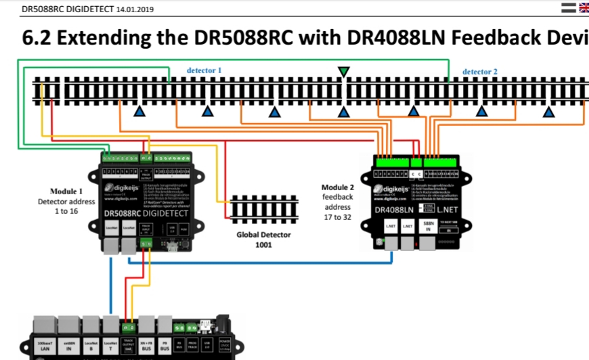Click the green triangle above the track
pyautogui.click(x=344, y=72)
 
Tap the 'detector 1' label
pyautogui.click(x=204, y=70)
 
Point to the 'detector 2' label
pyautogui.click(x=480, y=71)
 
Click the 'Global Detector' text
pyautogui.click(x=263, y=235)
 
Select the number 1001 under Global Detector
pyautogui.click(x=263, y=245)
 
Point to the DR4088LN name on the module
pyautogui.click(x=394, y=210)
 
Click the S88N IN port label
pyautogui.click(x=428, y=227)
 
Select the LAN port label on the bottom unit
pyautogui.click(x=45, y=347)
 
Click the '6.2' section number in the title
pyautogui.click(x=36, y=38)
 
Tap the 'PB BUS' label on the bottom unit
pyautogui.click(x=163, y=347)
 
